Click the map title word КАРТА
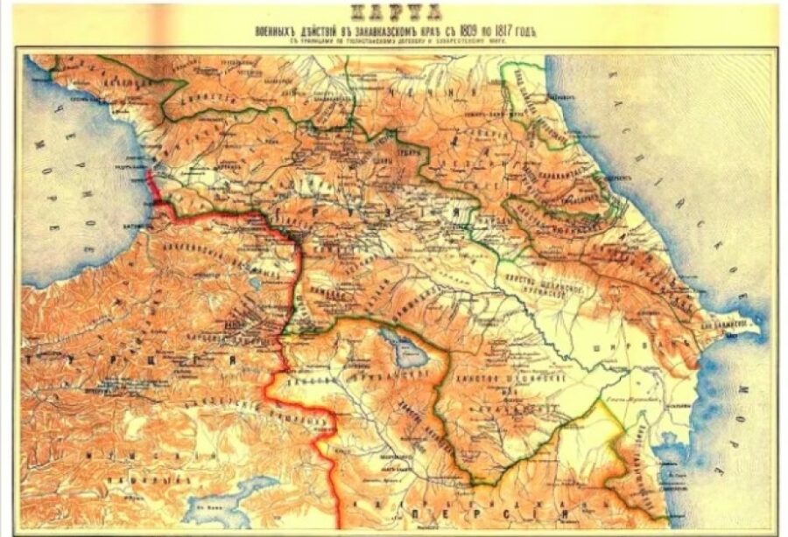coord(394,13)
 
